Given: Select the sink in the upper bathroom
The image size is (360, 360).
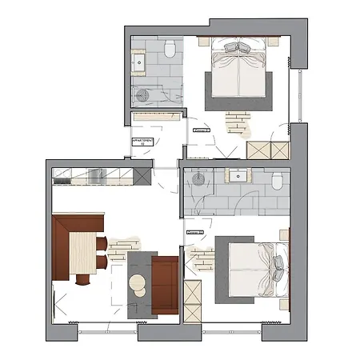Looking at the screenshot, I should click(x=139, y=61).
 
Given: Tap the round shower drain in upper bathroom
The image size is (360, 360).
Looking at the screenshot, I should click(x=145, y=95).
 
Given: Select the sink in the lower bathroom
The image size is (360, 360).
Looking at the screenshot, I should click(x=238, y=176).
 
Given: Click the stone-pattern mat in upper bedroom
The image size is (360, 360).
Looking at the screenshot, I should click(x=238, y=122).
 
